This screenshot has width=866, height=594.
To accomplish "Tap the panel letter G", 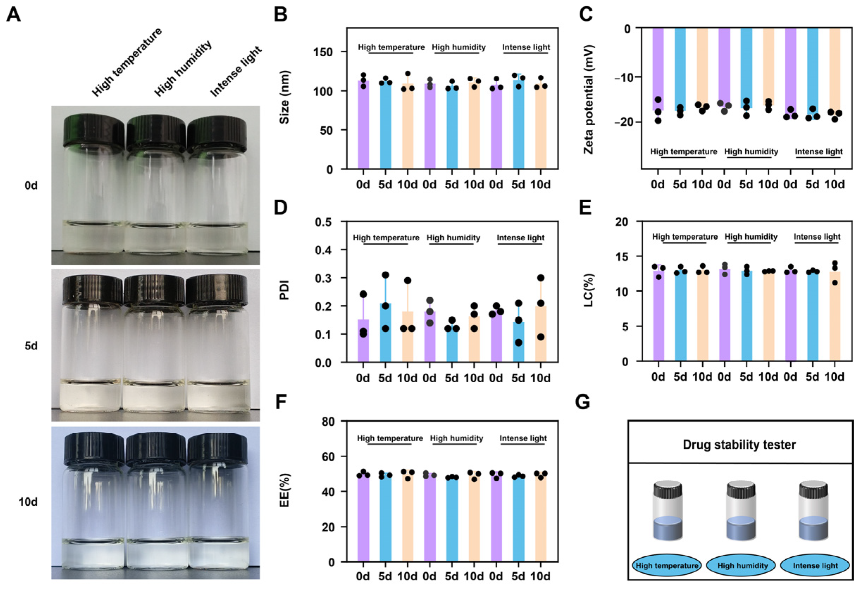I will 582,402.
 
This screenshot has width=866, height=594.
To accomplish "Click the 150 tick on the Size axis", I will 323,52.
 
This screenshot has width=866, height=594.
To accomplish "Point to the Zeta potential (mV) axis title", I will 588,100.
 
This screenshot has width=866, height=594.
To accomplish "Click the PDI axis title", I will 284,290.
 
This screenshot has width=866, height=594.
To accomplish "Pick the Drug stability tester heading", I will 739,445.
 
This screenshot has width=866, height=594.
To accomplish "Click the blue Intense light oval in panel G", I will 815,566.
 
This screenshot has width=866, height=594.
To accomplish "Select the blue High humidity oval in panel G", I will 742,566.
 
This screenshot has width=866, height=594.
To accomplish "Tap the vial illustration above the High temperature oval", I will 667,510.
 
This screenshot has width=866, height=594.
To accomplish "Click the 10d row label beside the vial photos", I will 28,502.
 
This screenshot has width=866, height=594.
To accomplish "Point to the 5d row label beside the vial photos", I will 31,346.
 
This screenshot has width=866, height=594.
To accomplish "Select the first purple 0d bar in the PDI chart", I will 363,340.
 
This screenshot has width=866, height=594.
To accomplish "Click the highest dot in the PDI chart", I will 385,275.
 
